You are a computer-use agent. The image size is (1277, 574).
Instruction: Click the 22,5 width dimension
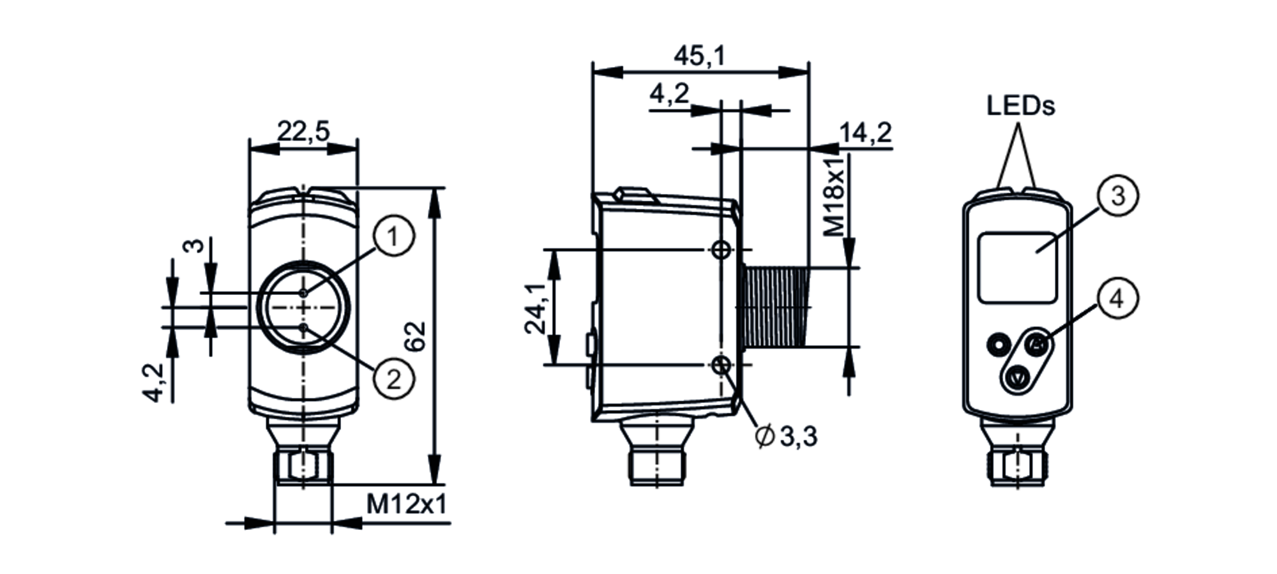(x=303, y=132)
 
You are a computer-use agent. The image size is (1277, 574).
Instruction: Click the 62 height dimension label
(x=416, y=336)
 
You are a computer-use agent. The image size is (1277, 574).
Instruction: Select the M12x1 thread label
(x=406, y=504)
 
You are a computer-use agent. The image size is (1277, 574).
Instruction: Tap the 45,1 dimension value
(x=700, y=56)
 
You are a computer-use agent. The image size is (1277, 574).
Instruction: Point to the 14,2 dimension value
(x=865, y=133)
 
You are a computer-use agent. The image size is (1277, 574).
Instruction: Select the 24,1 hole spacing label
(x=535, y=308)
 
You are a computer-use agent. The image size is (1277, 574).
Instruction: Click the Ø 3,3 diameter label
(x=786, y=437)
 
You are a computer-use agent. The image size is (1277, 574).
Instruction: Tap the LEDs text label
(x=1020, y=105)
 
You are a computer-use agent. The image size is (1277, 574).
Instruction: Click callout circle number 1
(x=393, y=237)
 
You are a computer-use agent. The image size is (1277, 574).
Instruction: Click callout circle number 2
(x=394, y=379)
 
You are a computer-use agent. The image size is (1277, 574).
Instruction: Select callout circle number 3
(x=1117, y=196)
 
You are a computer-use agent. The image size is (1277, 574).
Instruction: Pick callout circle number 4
(x=1117, y=298)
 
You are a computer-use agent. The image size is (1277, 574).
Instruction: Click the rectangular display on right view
(x=1017, y=268)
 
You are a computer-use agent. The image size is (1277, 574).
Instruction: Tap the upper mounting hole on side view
(x=722, y=250)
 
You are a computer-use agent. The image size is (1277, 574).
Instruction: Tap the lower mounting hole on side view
(x=722, y=365)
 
